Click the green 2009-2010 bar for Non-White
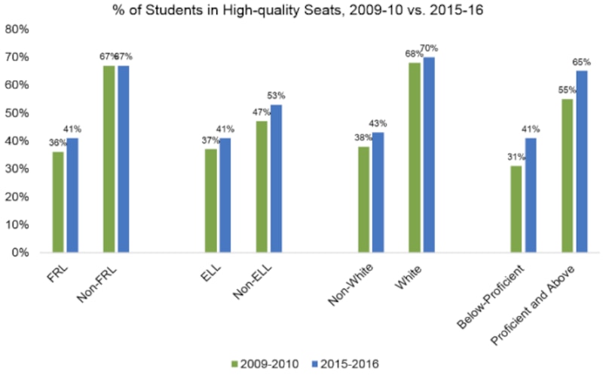coord(364,199)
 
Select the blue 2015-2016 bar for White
coord(429,155)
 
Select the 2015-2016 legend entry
coord(343,364)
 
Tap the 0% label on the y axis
coord(20,253)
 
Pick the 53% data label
coord(277,96)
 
